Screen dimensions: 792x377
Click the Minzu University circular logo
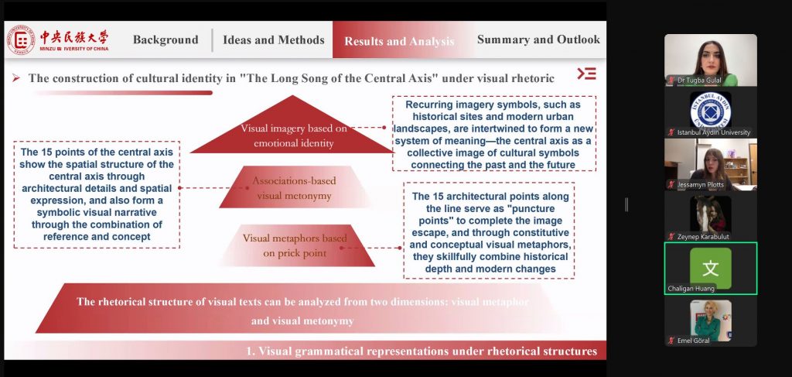point(21,40)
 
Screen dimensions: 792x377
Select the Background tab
point(166,40)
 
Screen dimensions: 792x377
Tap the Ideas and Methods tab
point(274,40)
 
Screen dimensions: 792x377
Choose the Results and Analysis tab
point(399,41)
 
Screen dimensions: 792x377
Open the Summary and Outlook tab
point(538,39)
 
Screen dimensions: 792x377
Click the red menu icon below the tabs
point(586,74)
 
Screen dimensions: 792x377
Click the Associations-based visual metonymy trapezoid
point(295,187)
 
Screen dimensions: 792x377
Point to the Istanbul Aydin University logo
point(710,110)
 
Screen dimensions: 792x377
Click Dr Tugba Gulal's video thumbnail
point(710,60)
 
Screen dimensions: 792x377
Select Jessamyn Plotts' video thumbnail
point(710,164)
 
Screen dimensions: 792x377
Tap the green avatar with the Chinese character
point(710,268)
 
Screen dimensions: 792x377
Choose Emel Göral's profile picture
point(710,320)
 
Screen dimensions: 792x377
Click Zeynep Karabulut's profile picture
point(710,214)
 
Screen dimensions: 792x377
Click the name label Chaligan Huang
point(691,289)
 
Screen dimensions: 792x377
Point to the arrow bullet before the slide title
point(16,78)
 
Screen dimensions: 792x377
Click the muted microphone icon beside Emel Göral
point(671,341)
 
